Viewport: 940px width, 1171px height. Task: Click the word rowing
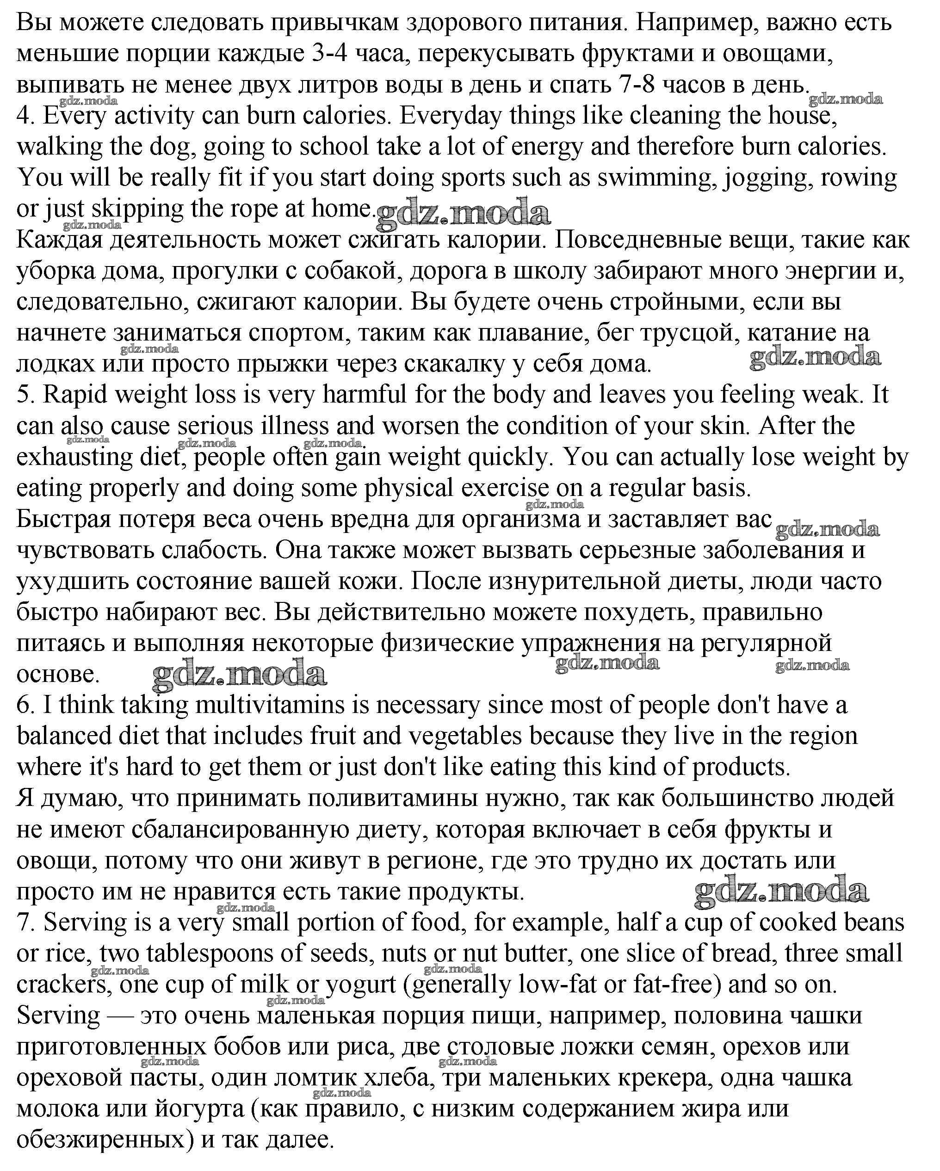click(859, 178)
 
